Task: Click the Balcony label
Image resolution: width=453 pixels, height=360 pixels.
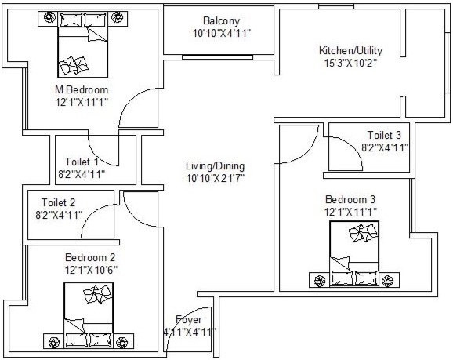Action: pyautogui.click(x=216, y=20)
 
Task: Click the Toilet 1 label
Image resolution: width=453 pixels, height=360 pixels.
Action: pyautogui.click(x=82, y=162)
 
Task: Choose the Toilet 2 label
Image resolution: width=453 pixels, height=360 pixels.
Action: pyautogui.click(x=60, y=202)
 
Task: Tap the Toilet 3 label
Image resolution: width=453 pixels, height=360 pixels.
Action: pyautogui.click(x=385, y=135)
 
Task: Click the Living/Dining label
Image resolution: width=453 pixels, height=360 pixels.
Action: pyautogui.click(x=215, y=166)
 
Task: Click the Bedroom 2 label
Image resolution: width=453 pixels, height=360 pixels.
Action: pyautogui.click(x=90, y=257)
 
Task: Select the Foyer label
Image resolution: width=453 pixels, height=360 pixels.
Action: pyautogui.click(x=189, y=320)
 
